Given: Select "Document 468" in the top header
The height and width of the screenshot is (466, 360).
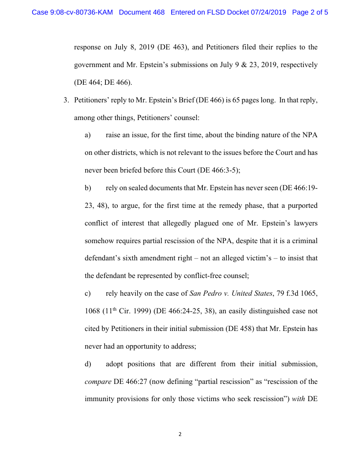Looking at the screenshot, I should tap(142, 12).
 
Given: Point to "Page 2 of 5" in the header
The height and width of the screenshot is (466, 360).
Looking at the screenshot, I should tap(310, 12).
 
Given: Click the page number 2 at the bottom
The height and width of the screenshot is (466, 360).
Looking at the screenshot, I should tap(180, 434).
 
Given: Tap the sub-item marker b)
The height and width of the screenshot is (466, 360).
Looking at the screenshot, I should tap(88, 188).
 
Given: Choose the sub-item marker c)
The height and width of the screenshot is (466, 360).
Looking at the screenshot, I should tap(87, 293).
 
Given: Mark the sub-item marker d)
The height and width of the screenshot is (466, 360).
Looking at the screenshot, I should tap(88, 364).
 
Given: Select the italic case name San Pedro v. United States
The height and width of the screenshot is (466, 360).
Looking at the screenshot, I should tap(231, 293).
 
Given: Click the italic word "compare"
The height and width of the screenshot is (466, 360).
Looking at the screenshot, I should tap(98, 382).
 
